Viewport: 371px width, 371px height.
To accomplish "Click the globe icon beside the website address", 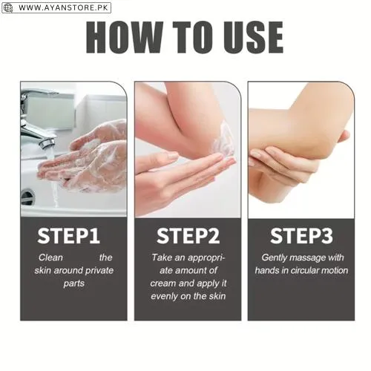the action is pos(7,7).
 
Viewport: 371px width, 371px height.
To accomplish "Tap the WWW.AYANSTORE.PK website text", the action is pos(64,7).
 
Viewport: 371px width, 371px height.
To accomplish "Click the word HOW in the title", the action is pos(125,37).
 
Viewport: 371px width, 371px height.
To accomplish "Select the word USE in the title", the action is pos(253,37).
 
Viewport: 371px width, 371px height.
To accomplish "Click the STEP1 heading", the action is pos(69,236).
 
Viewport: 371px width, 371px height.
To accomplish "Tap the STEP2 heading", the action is pos(188,236).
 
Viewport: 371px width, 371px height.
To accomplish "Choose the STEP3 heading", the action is pos(301,236).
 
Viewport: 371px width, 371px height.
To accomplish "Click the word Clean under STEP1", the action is pos(50,257).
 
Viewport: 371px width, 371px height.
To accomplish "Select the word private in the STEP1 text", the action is pos(99,270).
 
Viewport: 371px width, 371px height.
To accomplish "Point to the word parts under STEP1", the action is pos(73,283).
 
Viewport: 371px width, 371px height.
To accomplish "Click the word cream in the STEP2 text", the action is pos(163,283).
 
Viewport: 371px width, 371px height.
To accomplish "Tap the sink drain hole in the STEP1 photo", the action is pos(27,197).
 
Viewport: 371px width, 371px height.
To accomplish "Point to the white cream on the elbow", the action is pos(224,139).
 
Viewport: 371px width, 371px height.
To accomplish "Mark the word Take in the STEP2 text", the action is pos(162,257).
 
